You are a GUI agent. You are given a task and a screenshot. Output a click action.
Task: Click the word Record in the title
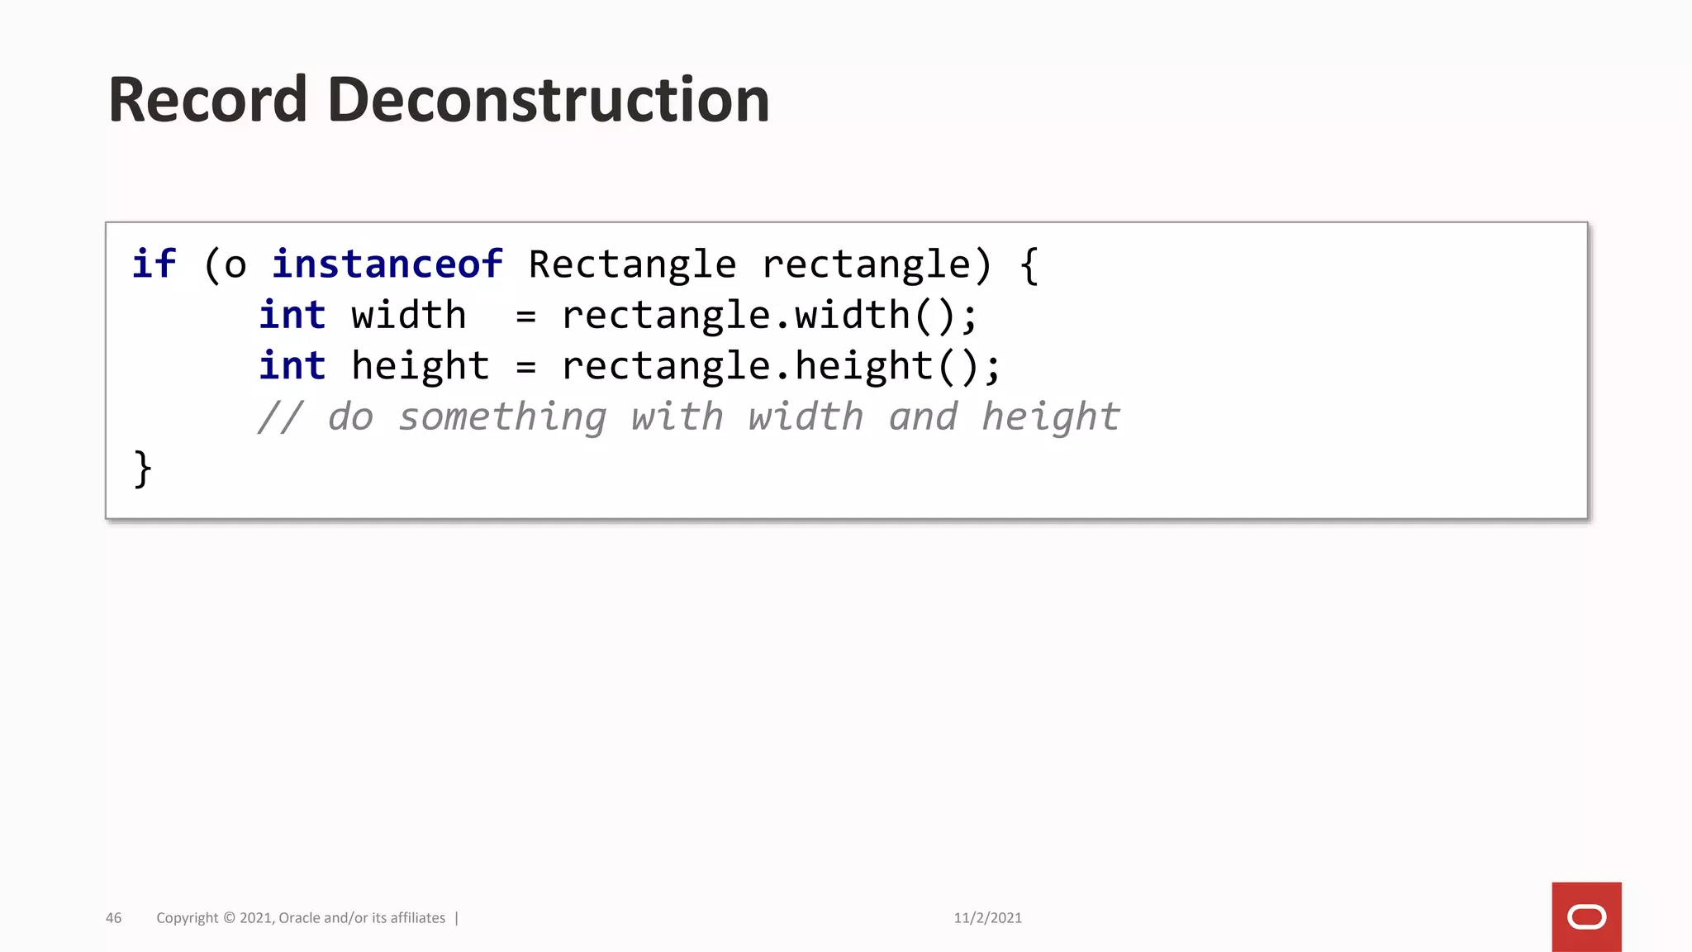[x=207, y=100]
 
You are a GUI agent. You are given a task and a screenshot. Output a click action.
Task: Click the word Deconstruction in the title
[x=549, y=100]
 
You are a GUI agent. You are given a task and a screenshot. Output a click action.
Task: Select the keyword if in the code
[x=154, y=264]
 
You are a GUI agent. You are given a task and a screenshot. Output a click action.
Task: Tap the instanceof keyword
[x=387, y=264]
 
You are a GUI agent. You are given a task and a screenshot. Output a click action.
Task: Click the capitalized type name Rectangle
[x=632, y=264]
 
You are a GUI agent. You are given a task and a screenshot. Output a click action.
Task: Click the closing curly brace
[x=143, y=469]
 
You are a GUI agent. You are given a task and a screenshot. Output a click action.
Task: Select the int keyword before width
[x=292, y=316]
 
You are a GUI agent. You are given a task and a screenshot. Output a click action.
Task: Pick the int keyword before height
[x=292, y=366]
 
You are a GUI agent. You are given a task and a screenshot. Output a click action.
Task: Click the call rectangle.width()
[x=769, y=316]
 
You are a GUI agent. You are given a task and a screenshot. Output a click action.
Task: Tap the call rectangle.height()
[x=781, y=366]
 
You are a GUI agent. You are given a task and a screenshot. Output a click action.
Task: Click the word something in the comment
[x=502, y=417]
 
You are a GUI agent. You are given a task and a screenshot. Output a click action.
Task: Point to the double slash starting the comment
[x=281, y=417]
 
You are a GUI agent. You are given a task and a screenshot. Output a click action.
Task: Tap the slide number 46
[x=114, y=918]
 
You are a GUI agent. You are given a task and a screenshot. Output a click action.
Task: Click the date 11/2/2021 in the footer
[x=987, y=918]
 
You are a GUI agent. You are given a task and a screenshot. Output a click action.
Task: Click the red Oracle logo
[x=1586, y=916]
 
